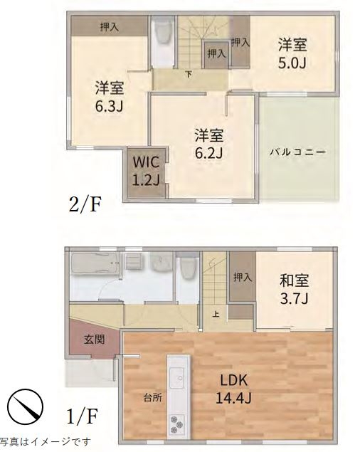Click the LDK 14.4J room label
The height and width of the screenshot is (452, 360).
(x=234, y=389)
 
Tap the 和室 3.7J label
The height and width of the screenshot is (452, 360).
(x=295, y=290)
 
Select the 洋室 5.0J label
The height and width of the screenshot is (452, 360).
(x=292, y=53)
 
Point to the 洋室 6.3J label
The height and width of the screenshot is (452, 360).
(x=110, y=97)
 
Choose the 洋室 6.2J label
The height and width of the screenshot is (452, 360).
(x=209, y=144)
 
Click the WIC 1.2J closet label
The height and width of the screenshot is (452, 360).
(x=146, y=171)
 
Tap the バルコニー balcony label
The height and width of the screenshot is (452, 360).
(x=297, y=152)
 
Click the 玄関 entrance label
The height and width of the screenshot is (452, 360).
(x=95, y=340)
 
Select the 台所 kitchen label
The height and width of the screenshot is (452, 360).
(x=153, y=398)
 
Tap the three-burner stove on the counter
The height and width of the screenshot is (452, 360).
(x=177, y=425)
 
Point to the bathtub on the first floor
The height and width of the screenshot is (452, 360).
(x=94, y=263)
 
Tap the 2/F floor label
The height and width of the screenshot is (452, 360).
(x=85, y=204)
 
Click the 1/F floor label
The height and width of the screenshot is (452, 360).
(x=83, y=416)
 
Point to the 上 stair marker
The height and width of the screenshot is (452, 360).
(x=216, y=314)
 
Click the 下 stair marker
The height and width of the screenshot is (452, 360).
(x=189, y=74)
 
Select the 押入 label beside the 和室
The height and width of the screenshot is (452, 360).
(x=243, y=278)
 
